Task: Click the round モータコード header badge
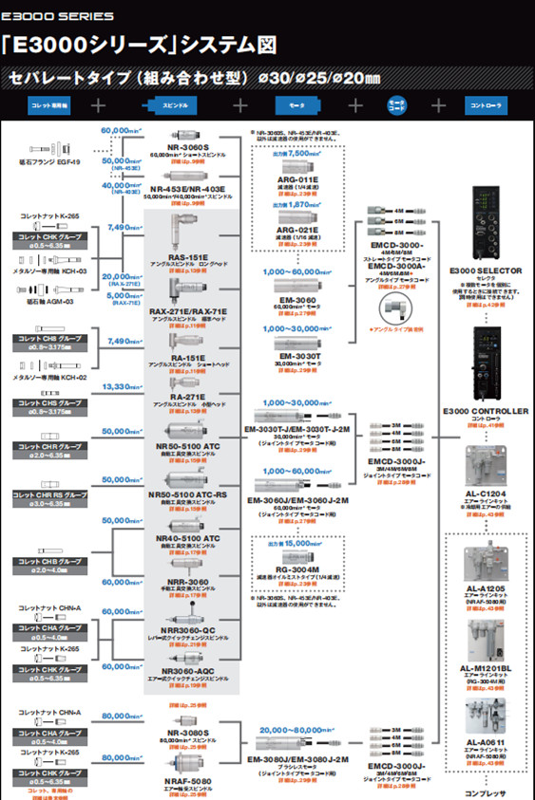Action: point(396,104)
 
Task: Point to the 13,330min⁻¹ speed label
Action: point(122,387)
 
